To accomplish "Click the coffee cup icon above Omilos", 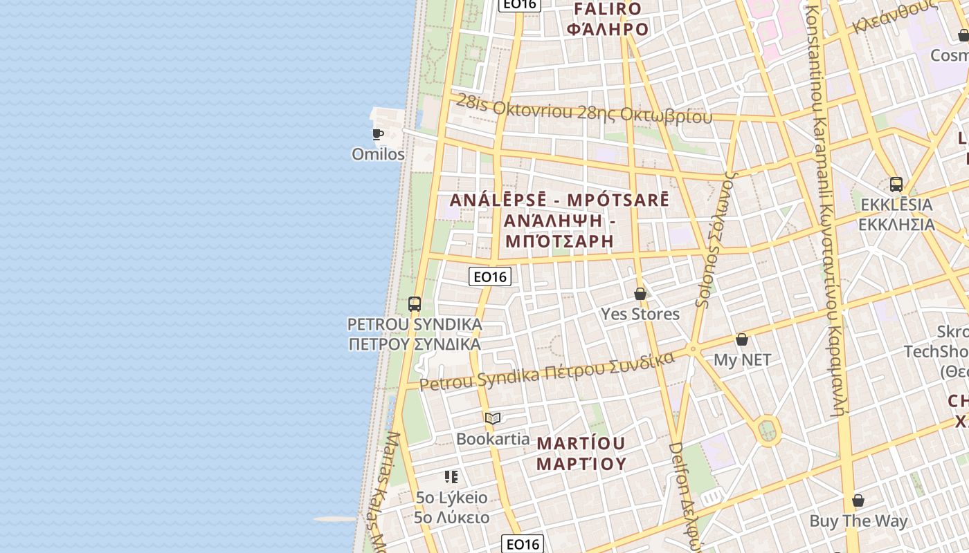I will pyautogui.click(x=377, y=134).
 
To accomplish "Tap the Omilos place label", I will pyautogui.click(x=378, y=154).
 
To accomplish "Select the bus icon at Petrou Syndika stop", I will pyautogui.click(x=415, y=303).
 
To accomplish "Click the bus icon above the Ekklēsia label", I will pyautogui.click(x=896, y=185).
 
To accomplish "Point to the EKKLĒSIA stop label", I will pyautogui.click(x=896, y=214).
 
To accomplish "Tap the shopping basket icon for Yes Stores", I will pyautogui.click(x=640, y=294).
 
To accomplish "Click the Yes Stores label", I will pyautogui.click(x=640, y=314).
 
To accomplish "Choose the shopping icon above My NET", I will pyautogui.click(x=742, y=339).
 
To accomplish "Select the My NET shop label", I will pyautogui.click(x=742, y=359).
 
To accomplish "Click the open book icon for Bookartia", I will pyautogui.click(x=493, y=418).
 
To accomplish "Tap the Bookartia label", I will pyautogui.click(x=493, y=439).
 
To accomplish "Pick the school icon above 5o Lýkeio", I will pyautogui.click(x=451, y=477).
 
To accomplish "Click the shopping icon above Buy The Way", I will pyautogui.click(x=858, y=500).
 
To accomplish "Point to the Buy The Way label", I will pyautogui.click(x=858, y=521).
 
